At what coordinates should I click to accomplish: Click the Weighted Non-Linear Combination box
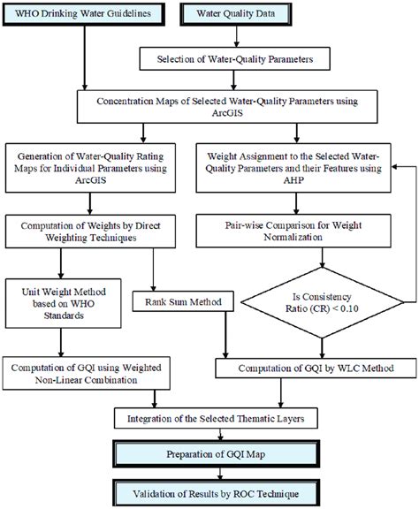pyautogui.click(x=93, y=372)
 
